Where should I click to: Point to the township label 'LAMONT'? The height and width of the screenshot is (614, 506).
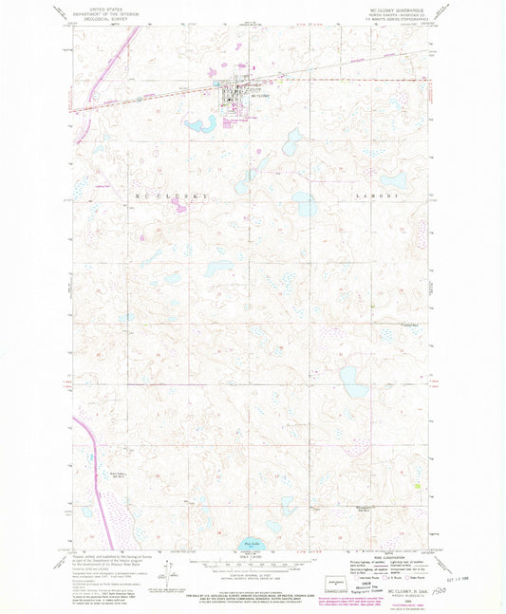(369, 195)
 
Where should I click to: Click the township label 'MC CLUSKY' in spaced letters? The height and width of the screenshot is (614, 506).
(151, 195)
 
